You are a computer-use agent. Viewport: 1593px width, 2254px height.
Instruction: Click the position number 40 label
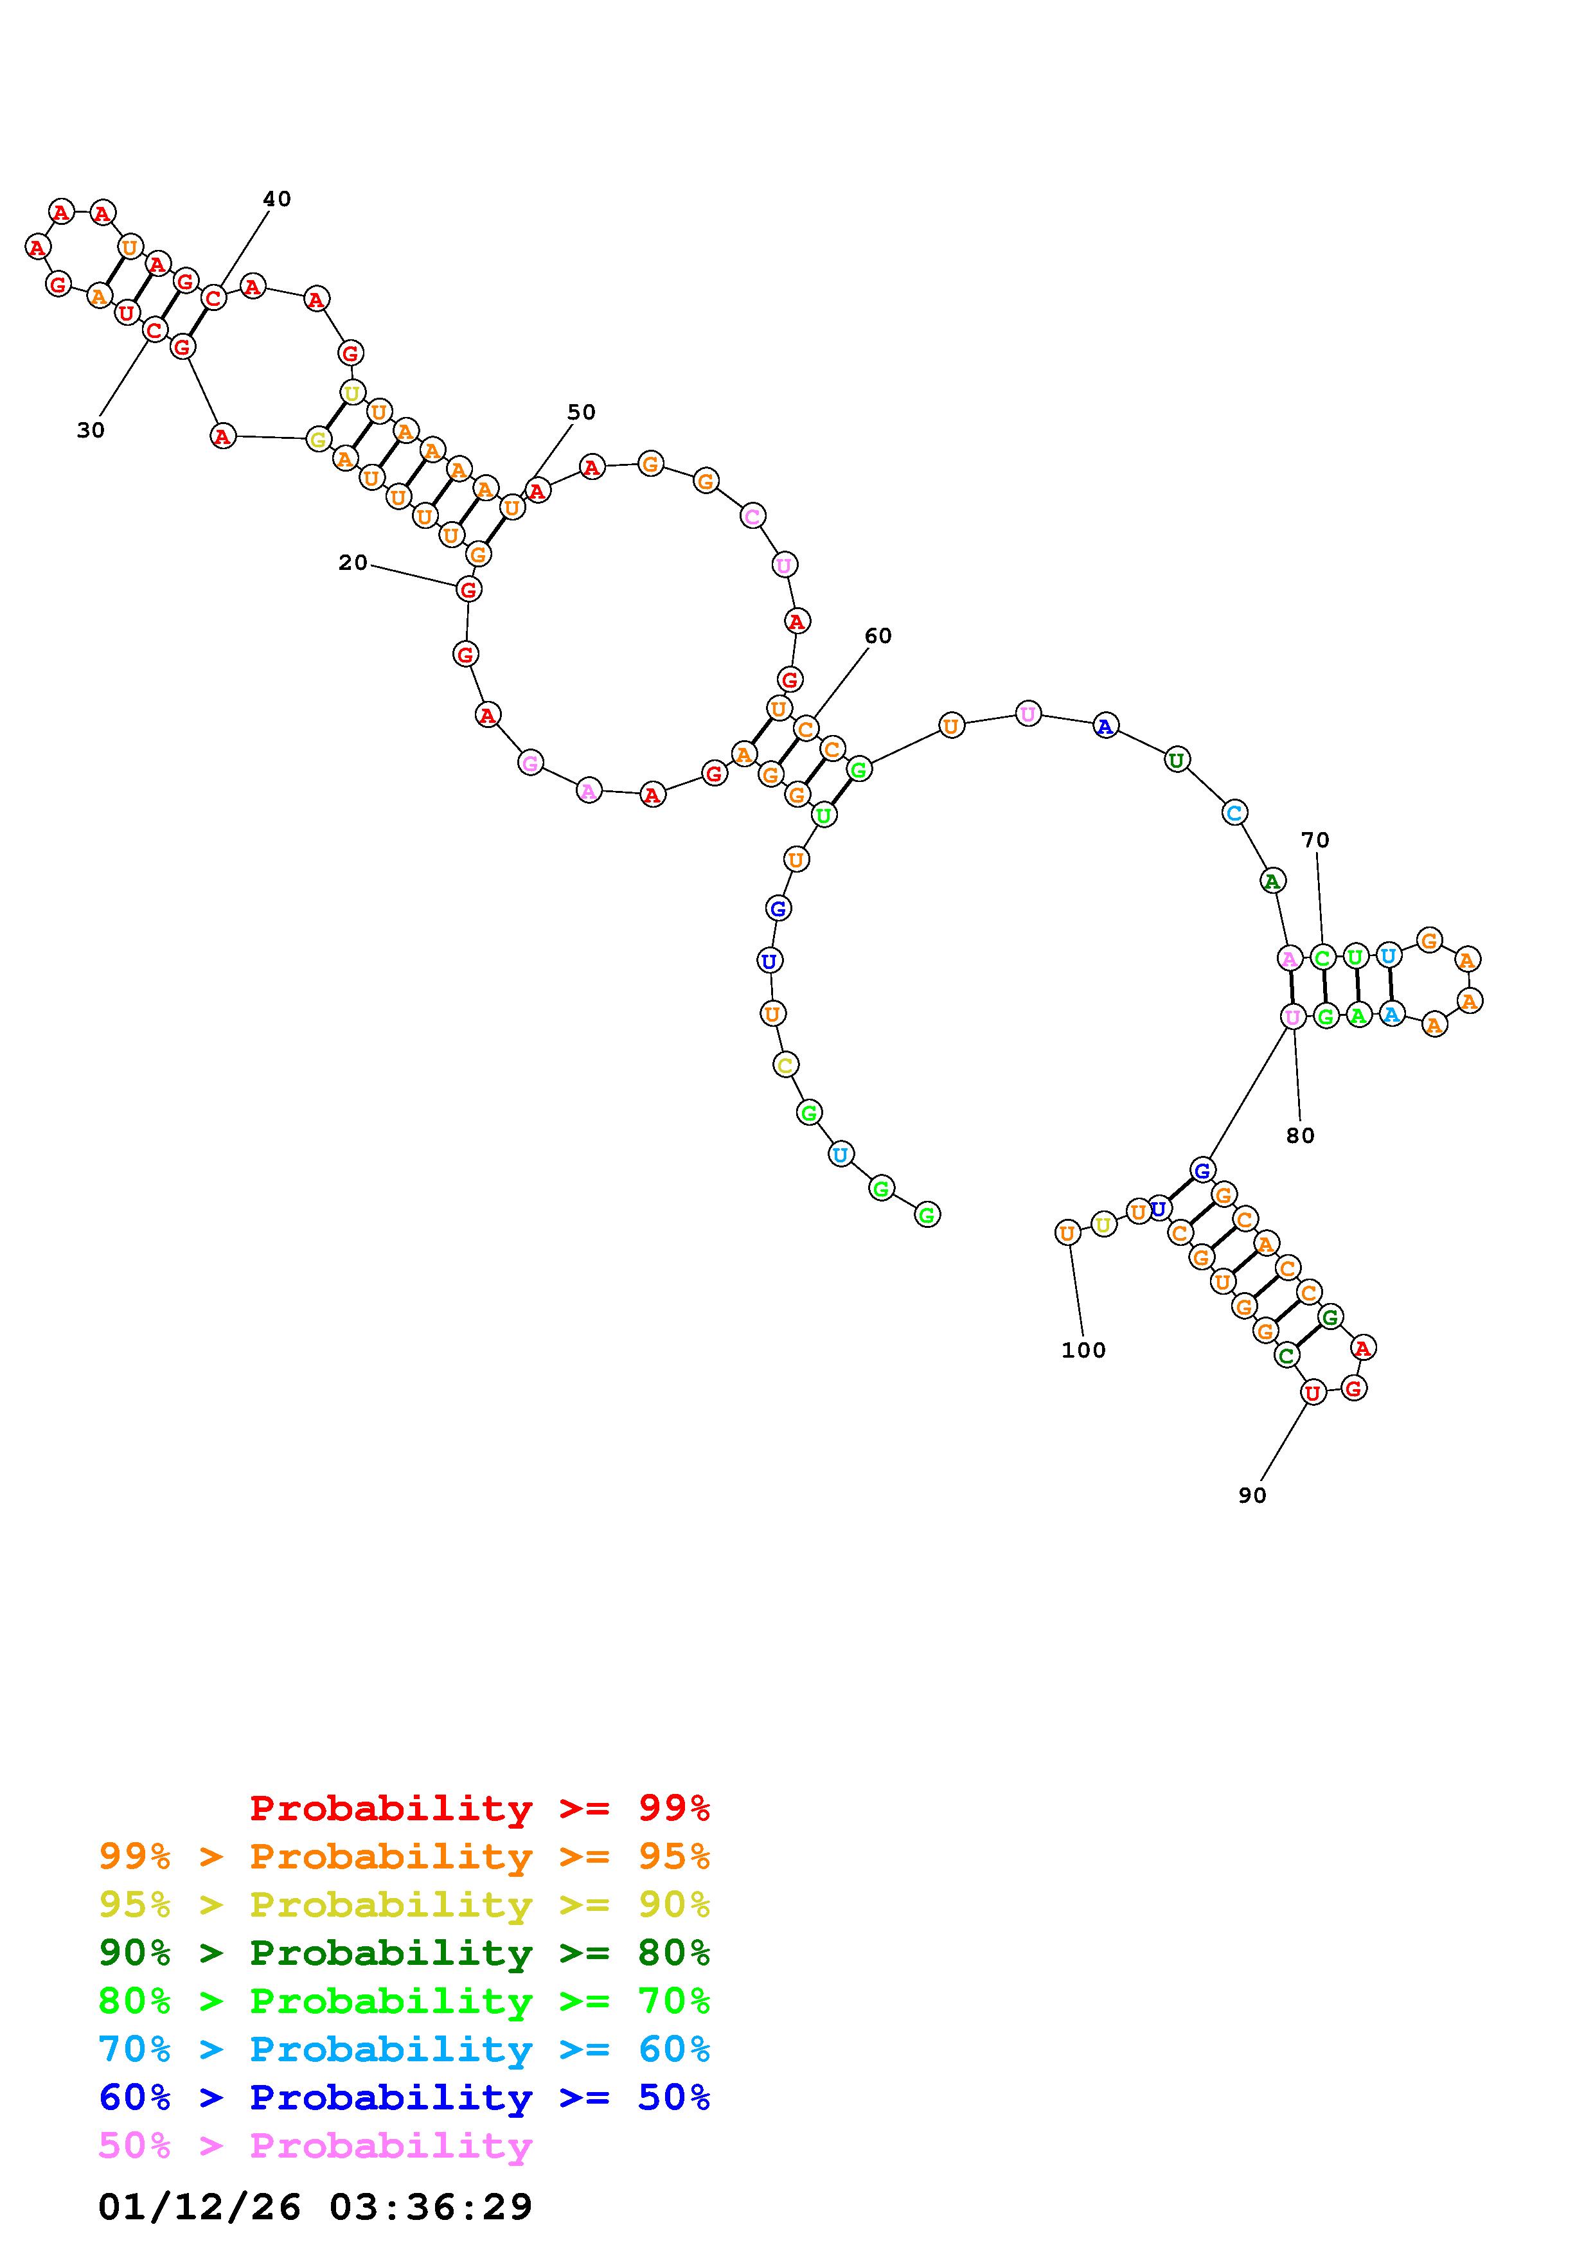[277, 199]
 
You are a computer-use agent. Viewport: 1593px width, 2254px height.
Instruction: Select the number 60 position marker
[878, 636]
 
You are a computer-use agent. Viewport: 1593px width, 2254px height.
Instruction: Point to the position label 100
[1083, 1351]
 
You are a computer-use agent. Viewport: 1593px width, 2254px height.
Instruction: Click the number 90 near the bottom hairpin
[1252, 1496]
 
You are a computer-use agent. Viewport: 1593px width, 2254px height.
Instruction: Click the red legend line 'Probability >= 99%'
[480, 1808]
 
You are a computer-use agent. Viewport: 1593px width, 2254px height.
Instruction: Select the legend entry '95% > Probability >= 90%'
[404, 1904]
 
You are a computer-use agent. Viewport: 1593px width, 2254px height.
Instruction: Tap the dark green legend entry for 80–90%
[404, 1953]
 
